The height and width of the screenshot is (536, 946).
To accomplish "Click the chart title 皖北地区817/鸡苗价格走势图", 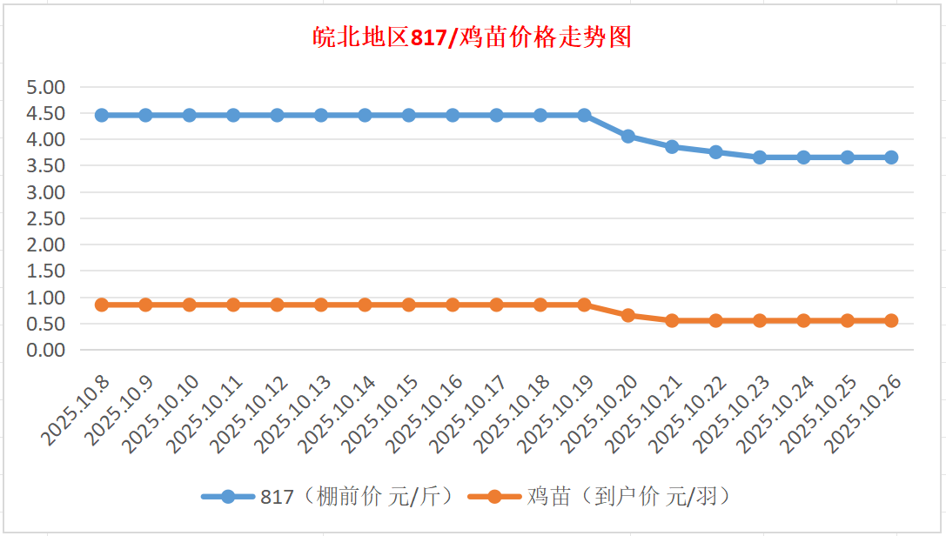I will (x=472, y=38).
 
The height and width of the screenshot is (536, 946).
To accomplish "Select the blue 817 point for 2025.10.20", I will (x=628, y=137).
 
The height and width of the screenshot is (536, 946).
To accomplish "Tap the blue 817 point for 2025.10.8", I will (x=102, y=115).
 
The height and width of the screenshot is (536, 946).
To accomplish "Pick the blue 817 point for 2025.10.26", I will (x=891, y=157).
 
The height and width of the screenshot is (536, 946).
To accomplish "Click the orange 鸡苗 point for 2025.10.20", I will (x=628, y=315).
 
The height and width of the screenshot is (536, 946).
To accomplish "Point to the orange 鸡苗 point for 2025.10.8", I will (x=102, y=305).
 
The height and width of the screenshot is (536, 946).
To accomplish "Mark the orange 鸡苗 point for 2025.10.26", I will (x=891, y=320).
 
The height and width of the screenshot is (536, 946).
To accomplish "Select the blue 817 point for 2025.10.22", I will (x=716, y=151).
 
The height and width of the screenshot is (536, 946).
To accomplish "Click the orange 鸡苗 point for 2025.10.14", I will (x=365, y=305).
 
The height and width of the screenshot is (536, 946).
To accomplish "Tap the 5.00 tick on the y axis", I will (x=46, y=87).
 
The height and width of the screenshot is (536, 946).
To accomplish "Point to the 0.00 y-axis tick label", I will (x=46, y=350).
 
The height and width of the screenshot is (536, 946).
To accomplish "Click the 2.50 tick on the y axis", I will (x=46, y=218).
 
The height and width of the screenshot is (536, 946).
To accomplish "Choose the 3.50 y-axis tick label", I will (x=46, y=165).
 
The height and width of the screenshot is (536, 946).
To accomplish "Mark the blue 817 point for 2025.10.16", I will (x=453, y=115).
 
